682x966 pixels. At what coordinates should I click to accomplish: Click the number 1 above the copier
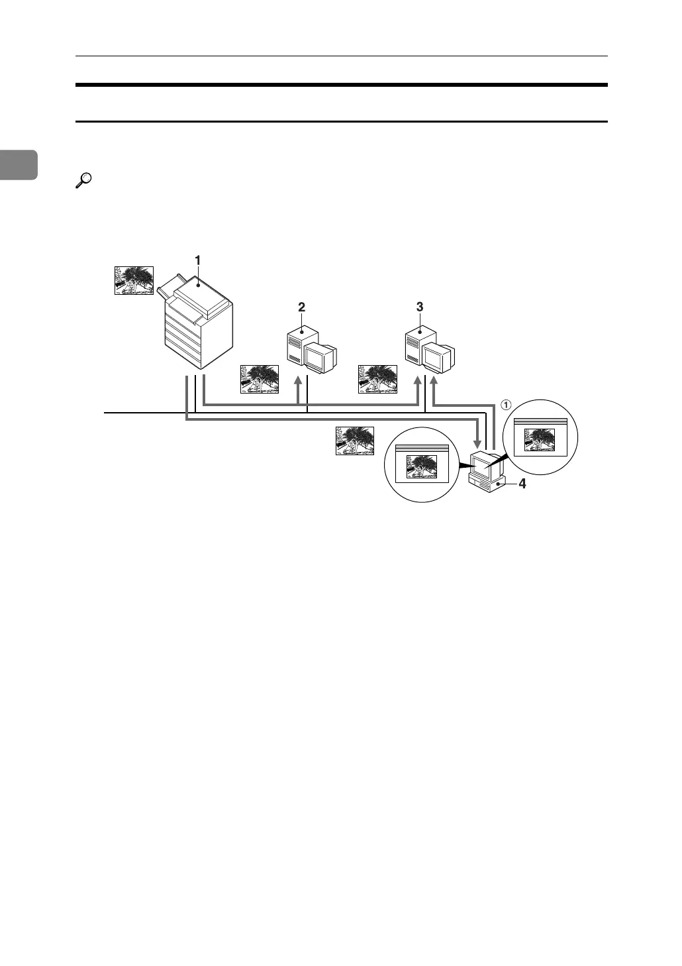click(x=197, y=260)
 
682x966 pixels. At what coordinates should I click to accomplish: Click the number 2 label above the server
click(x=302, y=307)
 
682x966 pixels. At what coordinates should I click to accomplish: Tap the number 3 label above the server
click(x=420, y=307)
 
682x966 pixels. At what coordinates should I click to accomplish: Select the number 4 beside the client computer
click(x=522, y=484)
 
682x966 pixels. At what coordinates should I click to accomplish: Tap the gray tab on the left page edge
click(x=19, y=164)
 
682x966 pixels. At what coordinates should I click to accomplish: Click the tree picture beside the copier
click(x=134, y=280)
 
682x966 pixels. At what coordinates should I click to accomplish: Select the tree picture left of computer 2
click(x=260, y=379)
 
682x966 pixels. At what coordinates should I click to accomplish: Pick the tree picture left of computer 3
click(x=377, y=379)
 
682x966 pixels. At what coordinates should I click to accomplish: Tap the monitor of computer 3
click(x=438, y=358)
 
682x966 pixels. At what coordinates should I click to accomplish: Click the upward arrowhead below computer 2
click(x=299, y=381)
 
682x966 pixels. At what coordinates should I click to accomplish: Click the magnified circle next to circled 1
click(x=540, y=437)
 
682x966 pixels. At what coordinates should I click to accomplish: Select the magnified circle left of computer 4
click(x=421, y=464)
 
